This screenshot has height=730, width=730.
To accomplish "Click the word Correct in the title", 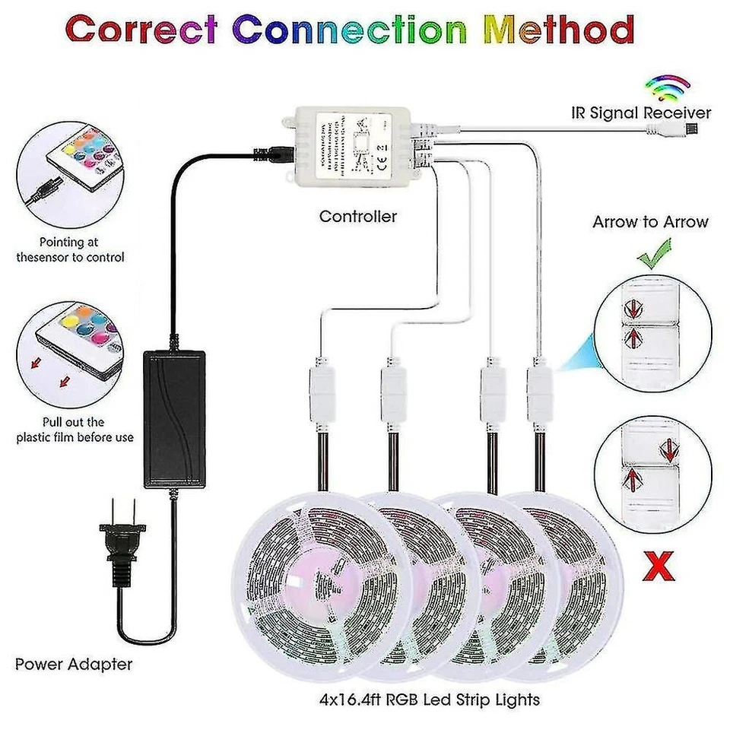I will (x=145, y=30).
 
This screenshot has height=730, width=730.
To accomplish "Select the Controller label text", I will (x=357, y=217).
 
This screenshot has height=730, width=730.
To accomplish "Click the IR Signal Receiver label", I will (x=641, y=113).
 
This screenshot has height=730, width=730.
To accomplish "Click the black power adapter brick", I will (x=174, y=418).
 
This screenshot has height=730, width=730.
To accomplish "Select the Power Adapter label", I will (x=74, y=664).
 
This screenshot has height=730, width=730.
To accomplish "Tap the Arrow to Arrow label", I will (x=650, y=222).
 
